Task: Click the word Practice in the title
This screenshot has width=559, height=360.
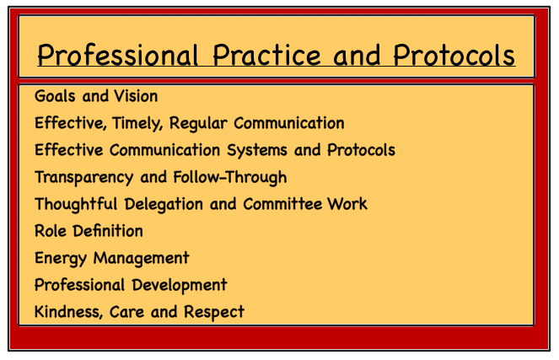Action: tap(266, 55)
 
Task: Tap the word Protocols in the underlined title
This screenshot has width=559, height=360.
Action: tap(454, 55)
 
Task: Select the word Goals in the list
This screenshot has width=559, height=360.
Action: tap(55, 96)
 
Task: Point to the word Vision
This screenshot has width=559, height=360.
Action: tap(136, 96)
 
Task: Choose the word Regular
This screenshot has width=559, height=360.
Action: tap(198, 123)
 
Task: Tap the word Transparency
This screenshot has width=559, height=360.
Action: tap(83, 177)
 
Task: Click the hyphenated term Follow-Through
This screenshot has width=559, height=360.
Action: tap(230, 177)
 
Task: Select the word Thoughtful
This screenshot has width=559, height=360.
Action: tap(76, 204)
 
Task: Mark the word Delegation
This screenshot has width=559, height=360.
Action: tap(163, 204)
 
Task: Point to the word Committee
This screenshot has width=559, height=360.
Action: tap(282, 204)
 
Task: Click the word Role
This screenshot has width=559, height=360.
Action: tap(51, 231)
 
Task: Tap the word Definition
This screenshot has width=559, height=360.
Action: tap(108, 231)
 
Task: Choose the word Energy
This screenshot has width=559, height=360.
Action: tap(60, 258)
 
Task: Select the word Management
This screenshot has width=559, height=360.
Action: tap(141, 258)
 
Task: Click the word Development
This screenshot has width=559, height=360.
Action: tap(180, 285)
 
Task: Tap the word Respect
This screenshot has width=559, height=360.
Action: tap(214, 312)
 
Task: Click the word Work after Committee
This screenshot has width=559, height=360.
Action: tap(347, 204)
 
